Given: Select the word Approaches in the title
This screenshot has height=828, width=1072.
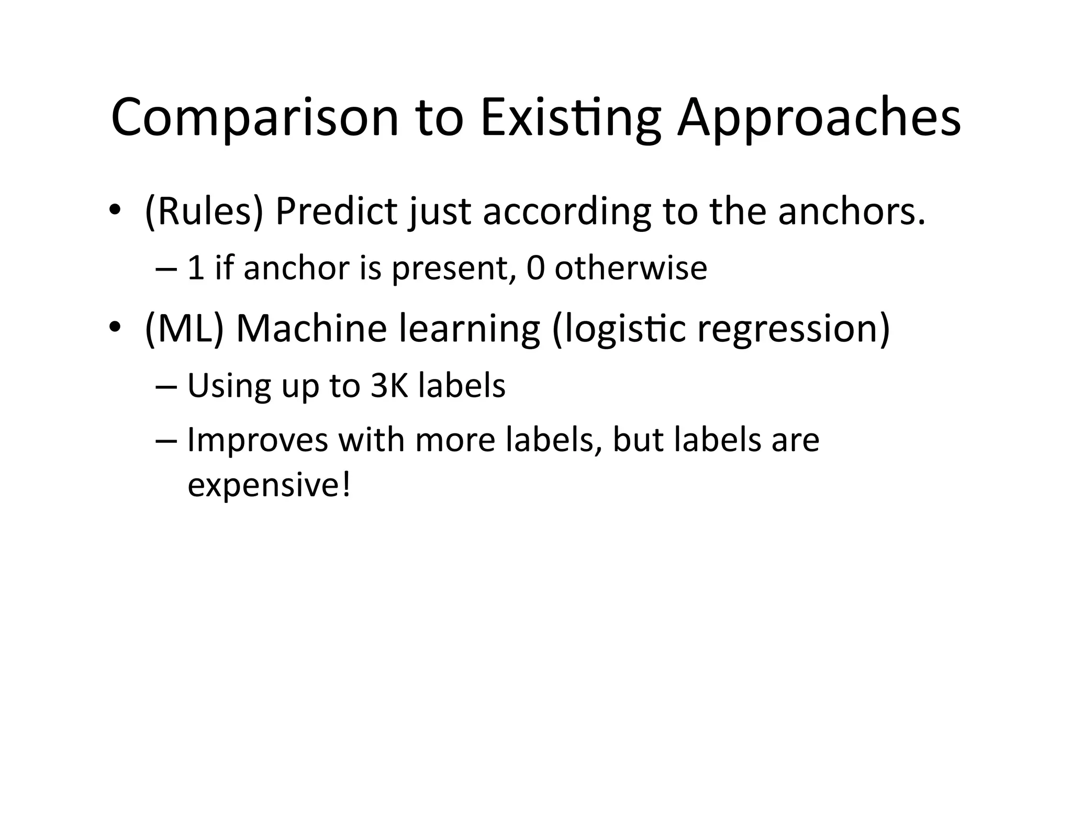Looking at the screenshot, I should coord(819,118).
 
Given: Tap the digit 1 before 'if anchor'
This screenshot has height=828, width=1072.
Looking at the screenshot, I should coord(195,268).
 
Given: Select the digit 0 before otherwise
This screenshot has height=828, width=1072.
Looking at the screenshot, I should coord(535,268).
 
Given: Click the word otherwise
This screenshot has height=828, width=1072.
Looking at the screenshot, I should coord(631,268).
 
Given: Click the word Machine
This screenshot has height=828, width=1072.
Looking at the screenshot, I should coord(311,328).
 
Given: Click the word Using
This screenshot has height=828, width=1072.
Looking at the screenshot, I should coord(229,386).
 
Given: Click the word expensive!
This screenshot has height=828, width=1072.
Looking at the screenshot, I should coord(269,485).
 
